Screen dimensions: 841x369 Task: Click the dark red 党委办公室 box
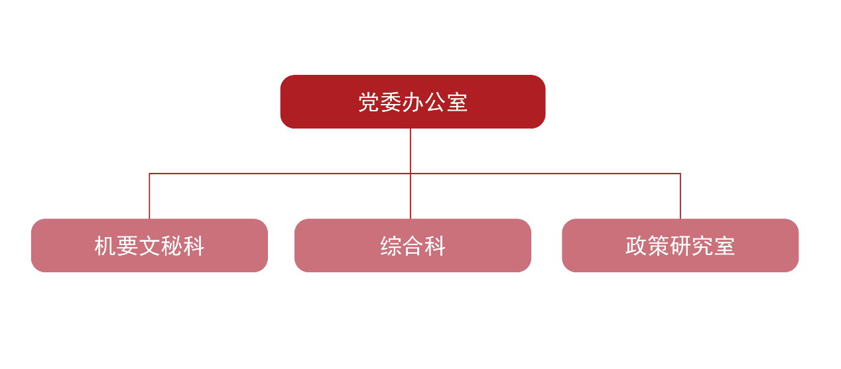point(413,101)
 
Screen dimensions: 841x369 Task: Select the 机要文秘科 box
point(149,245)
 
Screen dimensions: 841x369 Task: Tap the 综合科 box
point(413,245)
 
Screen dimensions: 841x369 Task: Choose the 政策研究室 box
point(680,245)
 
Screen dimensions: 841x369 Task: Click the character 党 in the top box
point(369,102)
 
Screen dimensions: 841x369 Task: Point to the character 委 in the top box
point(391,102)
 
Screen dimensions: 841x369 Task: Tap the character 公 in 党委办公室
point(435,102)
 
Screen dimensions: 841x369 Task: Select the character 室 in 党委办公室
point(457,102)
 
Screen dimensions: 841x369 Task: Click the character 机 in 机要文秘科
point(105,246)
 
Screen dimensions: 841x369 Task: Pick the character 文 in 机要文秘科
point(149,246)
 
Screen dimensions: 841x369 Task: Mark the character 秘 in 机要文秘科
point(172,246)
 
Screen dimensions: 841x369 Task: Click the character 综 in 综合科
point(391,246)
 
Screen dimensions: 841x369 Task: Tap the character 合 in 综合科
point(413,246)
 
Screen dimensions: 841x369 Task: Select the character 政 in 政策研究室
point(636,246)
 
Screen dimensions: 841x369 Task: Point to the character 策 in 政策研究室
point(658,246)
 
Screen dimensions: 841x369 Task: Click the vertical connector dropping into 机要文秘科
point(149,196)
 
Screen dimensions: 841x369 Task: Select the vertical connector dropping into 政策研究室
point(680,196)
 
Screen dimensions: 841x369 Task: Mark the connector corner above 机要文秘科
point(149,174)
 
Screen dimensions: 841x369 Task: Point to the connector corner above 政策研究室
point(680,174)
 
